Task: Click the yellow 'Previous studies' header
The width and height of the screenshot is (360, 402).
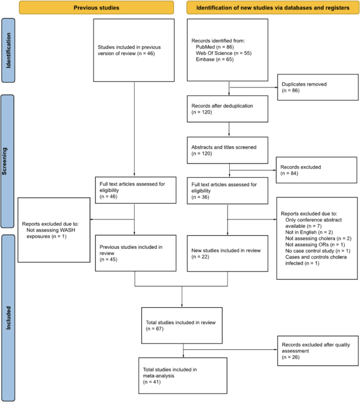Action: pos(97,8)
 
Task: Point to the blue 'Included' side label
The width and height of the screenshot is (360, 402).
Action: pos(8,318)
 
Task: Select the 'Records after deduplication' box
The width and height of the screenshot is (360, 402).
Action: pos(228,108)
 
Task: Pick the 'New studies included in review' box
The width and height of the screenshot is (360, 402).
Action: pos(228,253)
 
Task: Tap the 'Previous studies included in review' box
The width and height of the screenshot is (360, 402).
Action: pos(135,253)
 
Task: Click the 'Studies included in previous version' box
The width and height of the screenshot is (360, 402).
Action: pos(135,51)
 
